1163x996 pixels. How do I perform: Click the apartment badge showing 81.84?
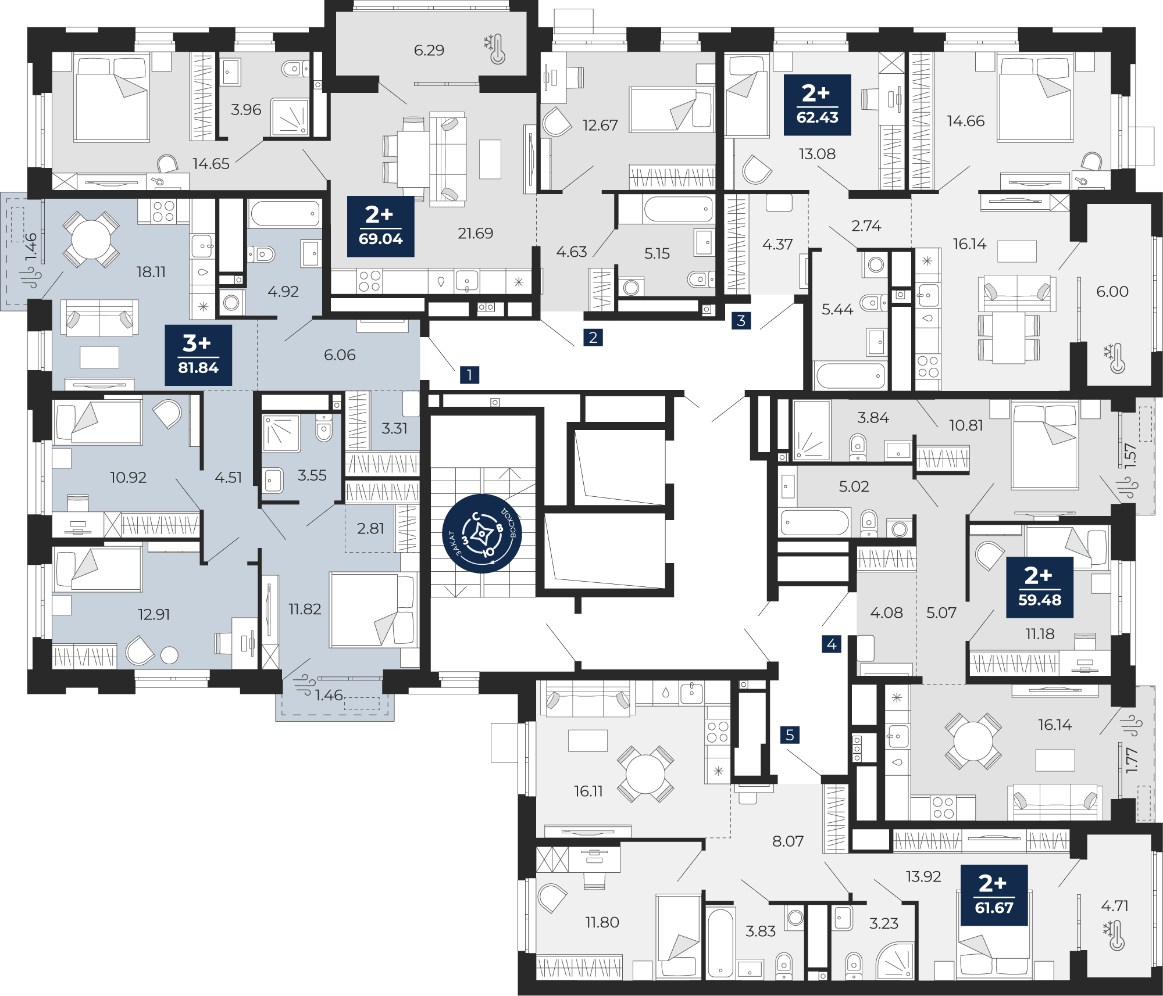198,355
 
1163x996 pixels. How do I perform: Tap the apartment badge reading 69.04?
380,226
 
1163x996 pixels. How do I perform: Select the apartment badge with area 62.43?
817,105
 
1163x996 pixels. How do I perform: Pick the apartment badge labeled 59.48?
1039,587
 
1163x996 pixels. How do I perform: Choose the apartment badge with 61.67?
994,895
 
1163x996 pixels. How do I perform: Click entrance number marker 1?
469,375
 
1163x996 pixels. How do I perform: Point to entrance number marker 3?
741,320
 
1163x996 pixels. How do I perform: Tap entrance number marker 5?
790,735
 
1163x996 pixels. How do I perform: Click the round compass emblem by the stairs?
482,533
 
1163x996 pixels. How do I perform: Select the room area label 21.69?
475,233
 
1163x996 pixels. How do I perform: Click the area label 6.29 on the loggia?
429,50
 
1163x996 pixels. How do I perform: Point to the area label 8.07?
787,841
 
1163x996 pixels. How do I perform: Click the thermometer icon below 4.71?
1114,935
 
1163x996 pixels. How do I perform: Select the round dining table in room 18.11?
91,239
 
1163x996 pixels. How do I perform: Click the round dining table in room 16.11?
645,773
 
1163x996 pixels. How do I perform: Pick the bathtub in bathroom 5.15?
678,209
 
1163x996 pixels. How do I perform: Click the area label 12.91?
154,614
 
